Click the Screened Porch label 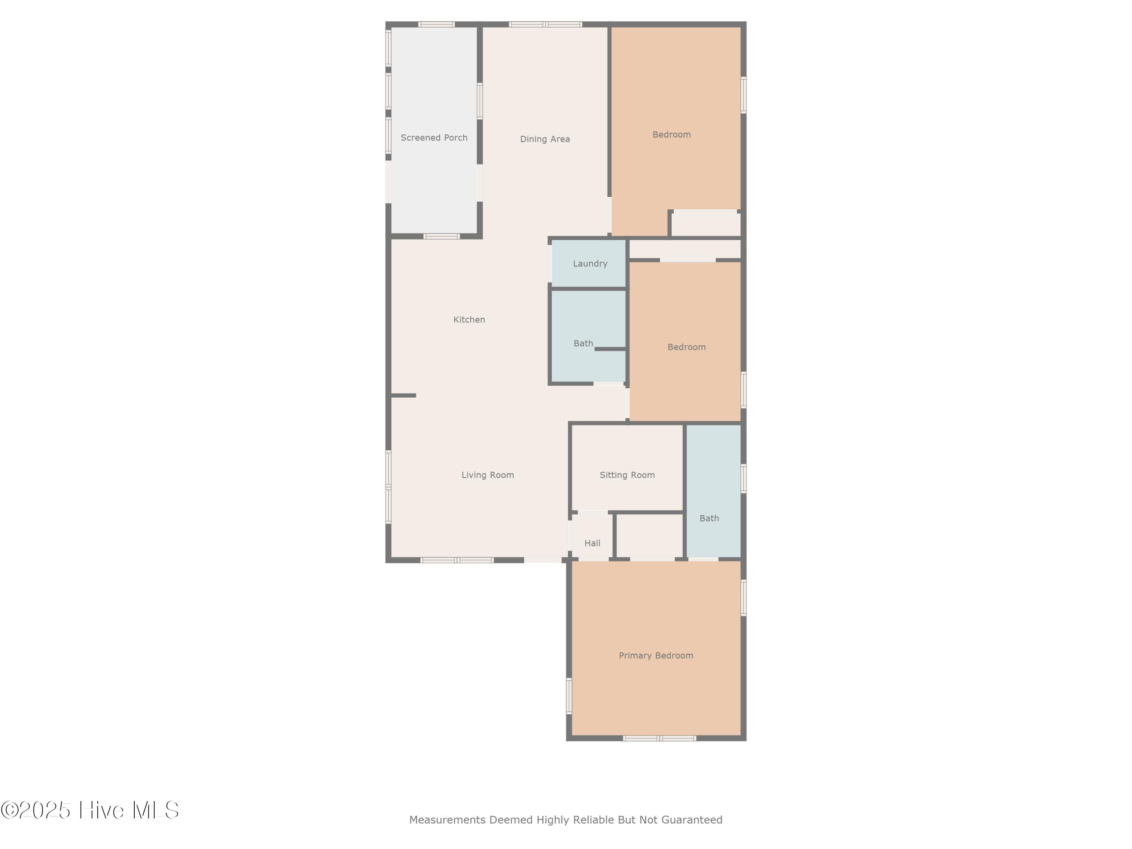pyautogui.click(x=434, y=138)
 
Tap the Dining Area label pyautogui.click(x=545, y=139)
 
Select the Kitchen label pyautogui.click(x=469, y=320)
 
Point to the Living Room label pyautogui.click(x=488, y=475)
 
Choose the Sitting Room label pyautogui.click(x=628, y=475)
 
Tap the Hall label pyautogui.click(x=593, y=543)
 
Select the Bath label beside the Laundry pyautogui.click(x=583, y=344)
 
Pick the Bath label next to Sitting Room pyautogui.click(x=709, y=518)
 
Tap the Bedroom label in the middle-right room pyautogui.click(x=687, y=348)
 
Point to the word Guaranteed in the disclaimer pyautogui.click(x=692, y=820)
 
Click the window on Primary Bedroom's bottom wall pyautogui.click(x=660, y=738)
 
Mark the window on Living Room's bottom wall pyautogui.click(x=457, y=560)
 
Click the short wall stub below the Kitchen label pyautogui.click(x=403, y=395)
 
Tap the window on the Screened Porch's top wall pyautogui.click(x=437, y=25)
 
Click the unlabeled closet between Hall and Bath pyautogui.click(x=650, y=536)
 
